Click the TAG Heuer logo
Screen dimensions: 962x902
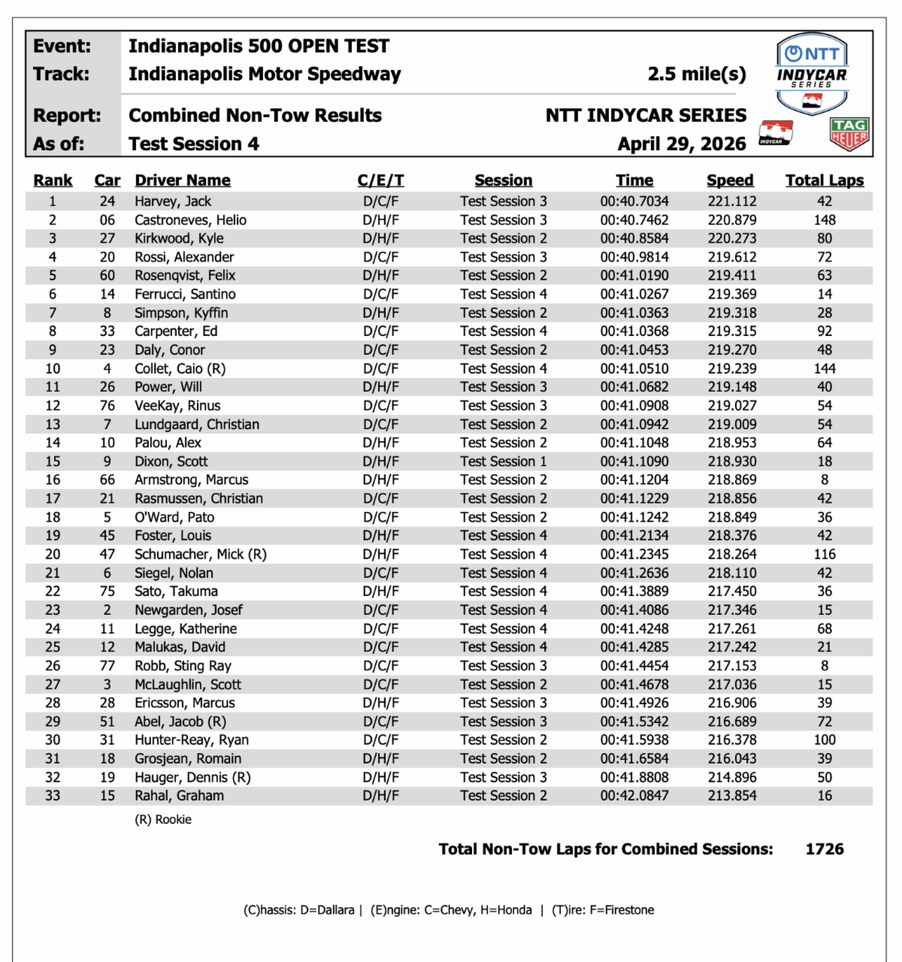pos(849,134)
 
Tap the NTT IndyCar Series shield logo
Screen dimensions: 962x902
pos(812,74)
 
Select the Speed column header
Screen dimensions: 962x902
pos(730,180)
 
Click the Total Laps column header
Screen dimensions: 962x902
pos(825,180)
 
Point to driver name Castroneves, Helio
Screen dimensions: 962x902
pos(190,220)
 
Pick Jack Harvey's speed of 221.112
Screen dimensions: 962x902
pos(731,201)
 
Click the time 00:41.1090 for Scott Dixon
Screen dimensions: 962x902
pos(634,461)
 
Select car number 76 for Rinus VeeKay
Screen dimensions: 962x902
pos(107,406)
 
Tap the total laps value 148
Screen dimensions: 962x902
pos(825,220)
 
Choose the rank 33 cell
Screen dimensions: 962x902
pos(53,796)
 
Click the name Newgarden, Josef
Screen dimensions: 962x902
pos(189,610)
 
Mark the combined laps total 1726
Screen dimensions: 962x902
pos(825,849)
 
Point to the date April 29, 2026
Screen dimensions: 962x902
pos(682,144)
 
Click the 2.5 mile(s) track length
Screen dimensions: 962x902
pos(697,74)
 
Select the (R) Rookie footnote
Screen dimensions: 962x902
pos(163,820)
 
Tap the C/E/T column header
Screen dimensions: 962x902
pos(380,180)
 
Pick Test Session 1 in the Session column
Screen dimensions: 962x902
pos(504,461)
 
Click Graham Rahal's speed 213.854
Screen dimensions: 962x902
pos(731,796)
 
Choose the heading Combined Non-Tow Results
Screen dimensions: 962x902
pos(255,116)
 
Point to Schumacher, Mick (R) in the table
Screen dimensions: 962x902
pos(201,555)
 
